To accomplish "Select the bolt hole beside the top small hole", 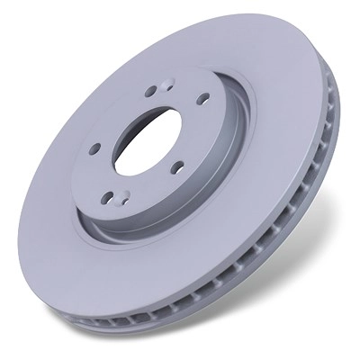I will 148,91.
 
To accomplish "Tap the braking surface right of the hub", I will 288,135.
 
